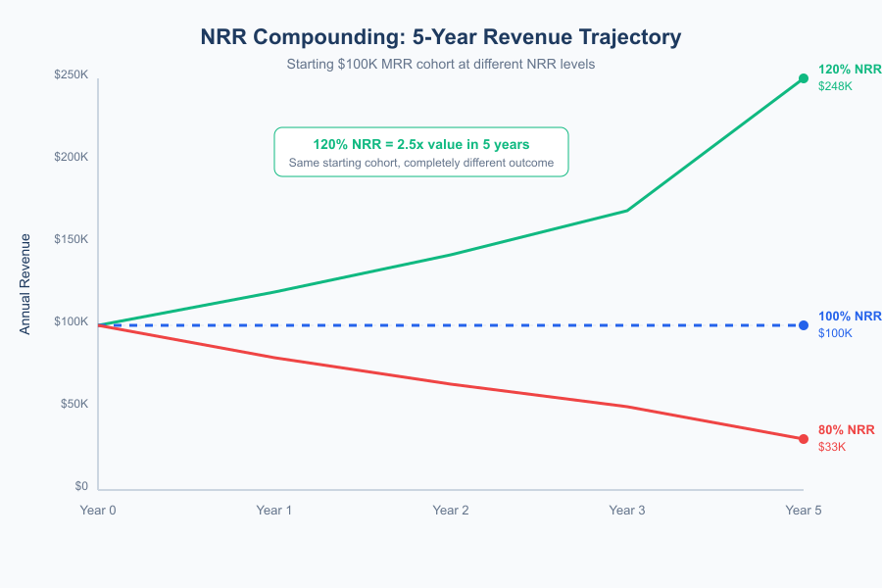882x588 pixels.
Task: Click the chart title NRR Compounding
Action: [440, 37]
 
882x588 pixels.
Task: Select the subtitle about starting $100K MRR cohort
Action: [440, 64]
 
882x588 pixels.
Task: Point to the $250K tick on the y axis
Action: [71, 74]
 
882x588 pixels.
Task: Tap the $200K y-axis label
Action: [71, 157]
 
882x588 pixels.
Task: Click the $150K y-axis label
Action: [71, 239]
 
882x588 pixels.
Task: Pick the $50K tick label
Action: [73, 404]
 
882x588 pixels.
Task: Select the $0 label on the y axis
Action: [80, 486]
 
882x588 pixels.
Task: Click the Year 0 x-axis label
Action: [97, 510]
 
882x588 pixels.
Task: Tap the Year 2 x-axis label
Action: [450, 510]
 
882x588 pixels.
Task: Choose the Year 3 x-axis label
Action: [626, 510]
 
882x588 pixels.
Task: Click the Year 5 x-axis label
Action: [803, 510]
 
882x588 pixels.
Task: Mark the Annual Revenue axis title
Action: [25, 283]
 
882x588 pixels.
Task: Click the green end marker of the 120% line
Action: [804, 78]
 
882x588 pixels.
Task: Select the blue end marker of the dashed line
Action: [804, 325]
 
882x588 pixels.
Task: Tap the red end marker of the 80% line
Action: [804, 439]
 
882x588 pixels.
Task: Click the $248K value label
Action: [835, 86]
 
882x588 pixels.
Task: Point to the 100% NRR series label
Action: [850, 317]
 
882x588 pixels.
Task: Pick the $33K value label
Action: [831, 447]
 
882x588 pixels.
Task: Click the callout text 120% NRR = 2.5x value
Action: [420, 144]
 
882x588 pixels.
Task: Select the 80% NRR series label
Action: [846, 430]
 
